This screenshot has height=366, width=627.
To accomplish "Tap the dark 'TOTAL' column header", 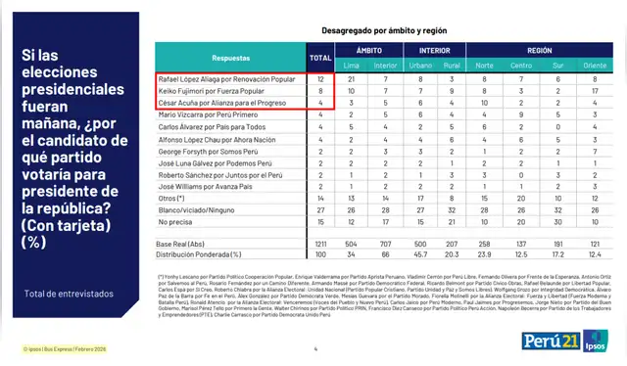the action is point(320,58).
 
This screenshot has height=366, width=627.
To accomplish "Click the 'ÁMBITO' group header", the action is point(368,48).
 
